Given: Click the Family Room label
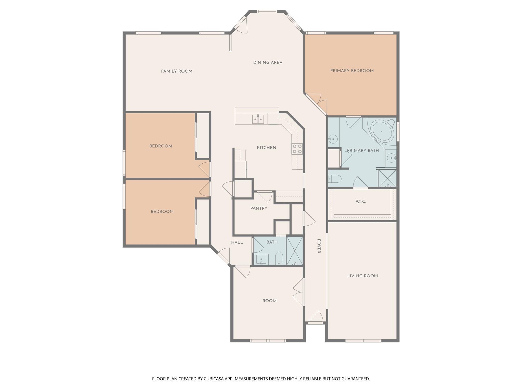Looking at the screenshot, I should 177,71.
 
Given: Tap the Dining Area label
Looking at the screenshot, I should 268,63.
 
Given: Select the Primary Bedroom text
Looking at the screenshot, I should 352,71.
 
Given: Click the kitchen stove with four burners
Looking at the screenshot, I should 297,149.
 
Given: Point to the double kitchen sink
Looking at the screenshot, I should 258,119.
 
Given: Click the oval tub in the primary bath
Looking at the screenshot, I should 382,131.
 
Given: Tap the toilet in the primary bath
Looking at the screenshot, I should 334,179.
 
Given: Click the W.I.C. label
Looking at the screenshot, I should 361,202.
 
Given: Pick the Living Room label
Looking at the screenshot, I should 362,276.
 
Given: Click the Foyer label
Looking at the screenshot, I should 319,246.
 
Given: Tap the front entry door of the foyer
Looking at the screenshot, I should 316,318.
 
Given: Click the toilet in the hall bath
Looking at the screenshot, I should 279,258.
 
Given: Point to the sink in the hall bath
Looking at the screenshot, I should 261,260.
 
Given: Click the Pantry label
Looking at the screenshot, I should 259,209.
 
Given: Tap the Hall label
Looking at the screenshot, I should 237,242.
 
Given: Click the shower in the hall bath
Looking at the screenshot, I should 295,251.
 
